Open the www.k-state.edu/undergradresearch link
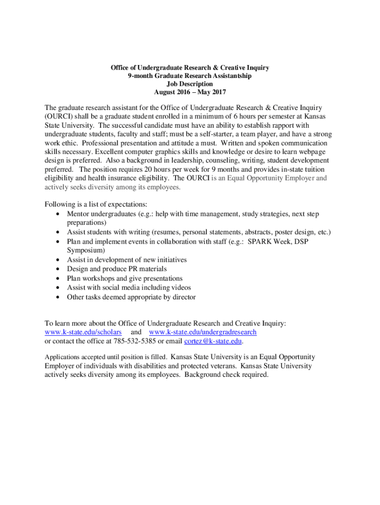[x=202, y=332]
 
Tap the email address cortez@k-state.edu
[x=213, y=341]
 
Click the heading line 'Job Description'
[x=190, y=84]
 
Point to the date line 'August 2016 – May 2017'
[x=190, y=92]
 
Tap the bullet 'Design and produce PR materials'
[x=116, y=269]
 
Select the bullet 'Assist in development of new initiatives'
[x=126, y=259]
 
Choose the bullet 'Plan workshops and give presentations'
[x=124, y=278]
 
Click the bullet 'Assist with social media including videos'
[x=129, y=288]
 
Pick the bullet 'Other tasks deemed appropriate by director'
[x=131, y=297]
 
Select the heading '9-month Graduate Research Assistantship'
[x=190, y=76]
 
